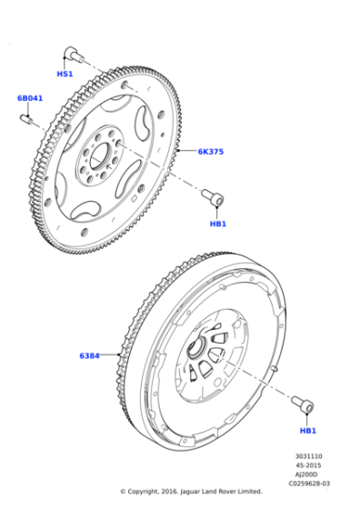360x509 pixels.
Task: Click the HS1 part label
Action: pyautogui.click(x=65, y=74)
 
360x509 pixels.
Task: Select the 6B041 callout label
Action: pyautogui.click(x=29, y=97)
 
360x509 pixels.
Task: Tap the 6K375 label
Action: pyautogui.click(x=210, y=151)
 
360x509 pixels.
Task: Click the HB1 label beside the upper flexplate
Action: pyautogui.click(x=217, y=223)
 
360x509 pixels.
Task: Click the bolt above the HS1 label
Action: pyautogui.click(x=71, y=54)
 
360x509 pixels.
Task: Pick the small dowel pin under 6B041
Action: pyautogui.click(x=30, y=115)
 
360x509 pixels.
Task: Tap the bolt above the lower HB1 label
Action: pyautogui.click(x=303, y=404)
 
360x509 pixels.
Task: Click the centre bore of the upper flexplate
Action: pyautogui.click(x=102, y=149)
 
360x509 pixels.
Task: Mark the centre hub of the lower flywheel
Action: pyautogui.click(x=200, y=348)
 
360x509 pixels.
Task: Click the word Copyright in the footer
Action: pyautogui.click(x=149, y=492)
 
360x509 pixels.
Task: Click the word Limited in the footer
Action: pyautogui.click(x=249, y=492)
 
